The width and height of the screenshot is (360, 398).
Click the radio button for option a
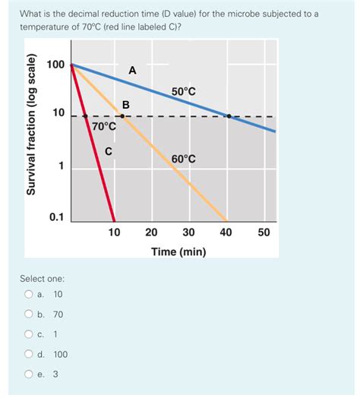[28, 294]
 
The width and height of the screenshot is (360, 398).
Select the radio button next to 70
[28, 314]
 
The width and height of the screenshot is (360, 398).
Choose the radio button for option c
[28, 333]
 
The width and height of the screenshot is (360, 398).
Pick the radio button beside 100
[28, 353]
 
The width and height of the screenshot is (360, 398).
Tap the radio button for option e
[28, 373]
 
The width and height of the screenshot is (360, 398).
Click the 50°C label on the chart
[183, 92]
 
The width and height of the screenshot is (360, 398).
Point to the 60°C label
[183, 159]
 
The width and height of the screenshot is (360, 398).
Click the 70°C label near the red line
[103, 126]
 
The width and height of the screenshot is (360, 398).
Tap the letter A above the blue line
[132, 71]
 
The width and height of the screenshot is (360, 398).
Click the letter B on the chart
[126, 104]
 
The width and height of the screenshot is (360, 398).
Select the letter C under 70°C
[109, 151]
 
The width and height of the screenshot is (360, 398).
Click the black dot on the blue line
[229, 116]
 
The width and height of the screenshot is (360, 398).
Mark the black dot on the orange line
[123, 116]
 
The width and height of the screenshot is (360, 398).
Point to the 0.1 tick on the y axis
[56, 217]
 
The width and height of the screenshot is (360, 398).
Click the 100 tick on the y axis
[55, 65]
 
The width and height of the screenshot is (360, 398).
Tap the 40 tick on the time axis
[226, 232]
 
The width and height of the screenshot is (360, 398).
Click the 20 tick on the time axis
[151, 232]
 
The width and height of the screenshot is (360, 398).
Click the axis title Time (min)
[178, 251]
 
